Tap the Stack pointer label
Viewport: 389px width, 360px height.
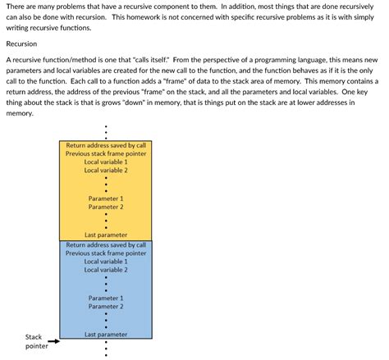(x=34, y=341)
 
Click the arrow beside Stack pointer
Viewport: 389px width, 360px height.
(x=54, y=341)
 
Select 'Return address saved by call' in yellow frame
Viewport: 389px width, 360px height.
(x=106, y=145)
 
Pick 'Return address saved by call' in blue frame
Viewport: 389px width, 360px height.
(x=106, y=244)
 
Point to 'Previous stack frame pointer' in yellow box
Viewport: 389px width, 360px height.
(x=106, y=153)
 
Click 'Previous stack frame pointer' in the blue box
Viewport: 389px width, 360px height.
(x=106, y=253)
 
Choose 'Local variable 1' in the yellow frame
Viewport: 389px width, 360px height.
(x=106, y=162)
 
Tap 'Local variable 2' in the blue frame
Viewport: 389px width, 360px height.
(x=106, y=270)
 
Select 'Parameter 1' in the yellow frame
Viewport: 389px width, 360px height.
(x=106, y=198)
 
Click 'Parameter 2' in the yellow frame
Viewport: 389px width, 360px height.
(x=106, y=207)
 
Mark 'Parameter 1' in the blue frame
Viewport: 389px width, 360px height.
(x=106, y=298)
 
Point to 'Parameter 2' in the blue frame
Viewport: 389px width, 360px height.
(x=106, y=307)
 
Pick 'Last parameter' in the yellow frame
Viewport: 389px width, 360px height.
(x=106, y=235)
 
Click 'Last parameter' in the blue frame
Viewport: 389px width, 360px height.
(x=106, y=335)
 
